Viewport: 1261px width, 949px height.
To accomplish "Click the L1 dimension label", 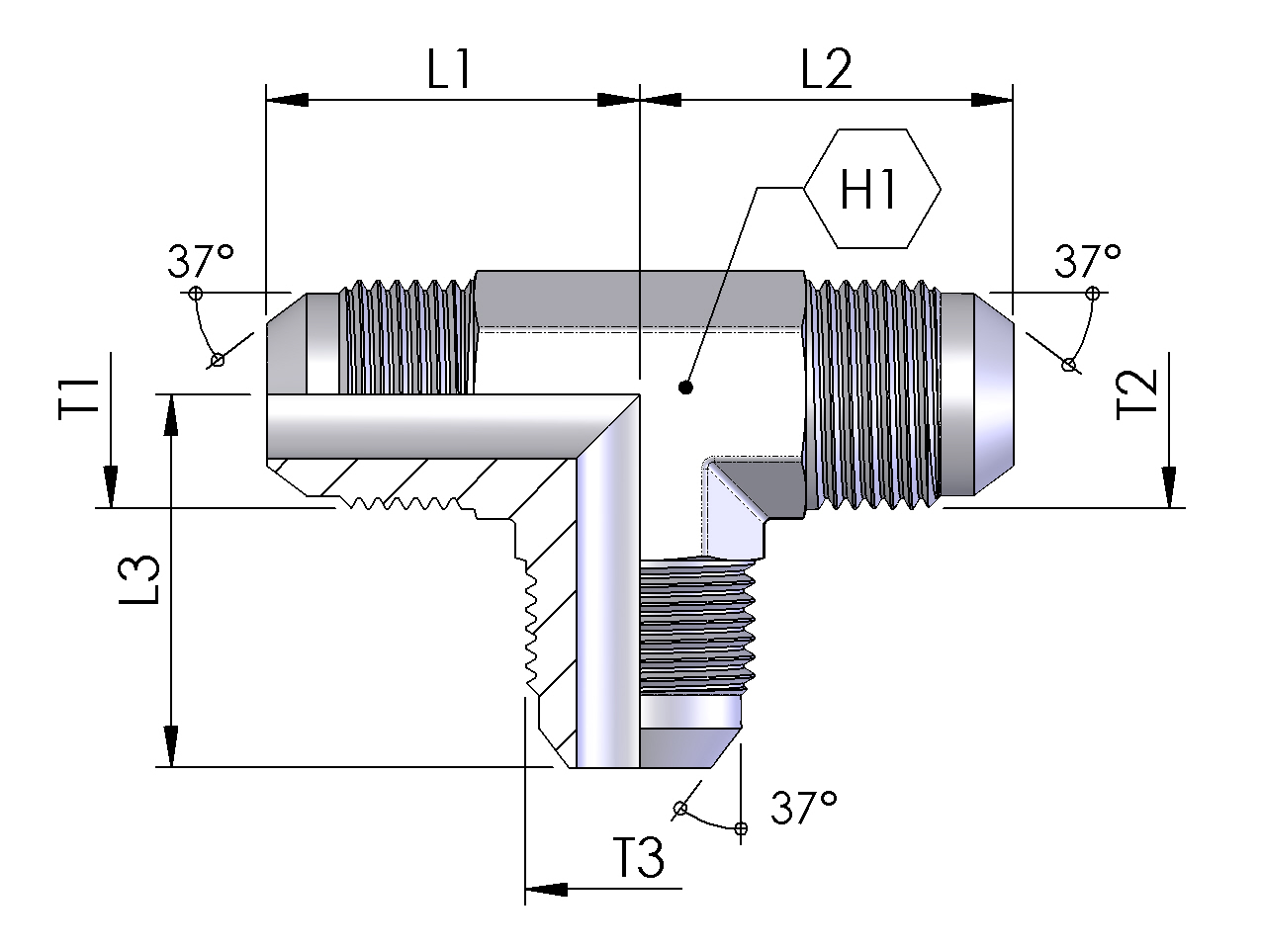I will (x=449, y=71).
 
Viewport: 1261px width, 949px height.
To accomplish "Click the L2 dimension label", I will (x=826, y=71).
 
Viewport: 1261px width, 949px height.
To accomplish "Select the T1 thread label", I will (x=79, y=398).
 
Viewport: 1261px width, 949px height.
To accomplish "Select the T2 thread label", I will (x=1136, y=396).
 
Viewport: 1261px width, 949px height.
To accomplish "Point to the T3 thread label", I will (x=638, y=857).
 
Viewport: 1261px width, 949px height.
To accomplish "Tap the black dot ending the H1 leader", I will (x=685, y=388).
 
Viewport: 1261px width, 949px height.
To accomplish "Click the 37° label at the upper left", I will (x=200, y=262).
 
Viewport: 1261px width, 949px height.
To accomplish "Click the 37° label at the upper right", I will (x=1087, y=262).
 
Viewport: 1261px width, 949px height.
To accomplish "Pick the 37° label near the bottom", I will (x=804, y=809).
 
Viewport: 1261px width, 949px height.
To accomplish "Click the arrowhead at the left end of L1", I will (x=288, y=99).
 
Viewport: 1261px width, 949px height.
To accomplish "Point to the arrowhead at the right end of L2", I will (x=991, y=99).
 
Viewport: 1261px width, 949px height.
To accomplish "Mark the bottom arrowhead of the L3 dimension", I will (x=172, y=745).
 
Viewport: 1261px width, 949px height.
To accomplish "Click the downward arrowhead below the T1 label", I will (x=110, y=486).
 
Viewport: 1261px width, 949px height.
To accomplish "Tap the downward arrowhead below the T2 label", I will (x=1171, y=486).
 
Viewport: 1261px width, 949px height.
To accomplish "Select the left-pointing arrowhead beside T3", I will (x=546, y=888).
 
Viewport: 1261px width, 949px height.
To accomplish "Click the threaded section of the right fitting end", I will (x=870, y=395).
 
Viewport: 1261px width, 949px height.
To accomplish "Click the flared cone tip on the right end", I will (x=994, y=395).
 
